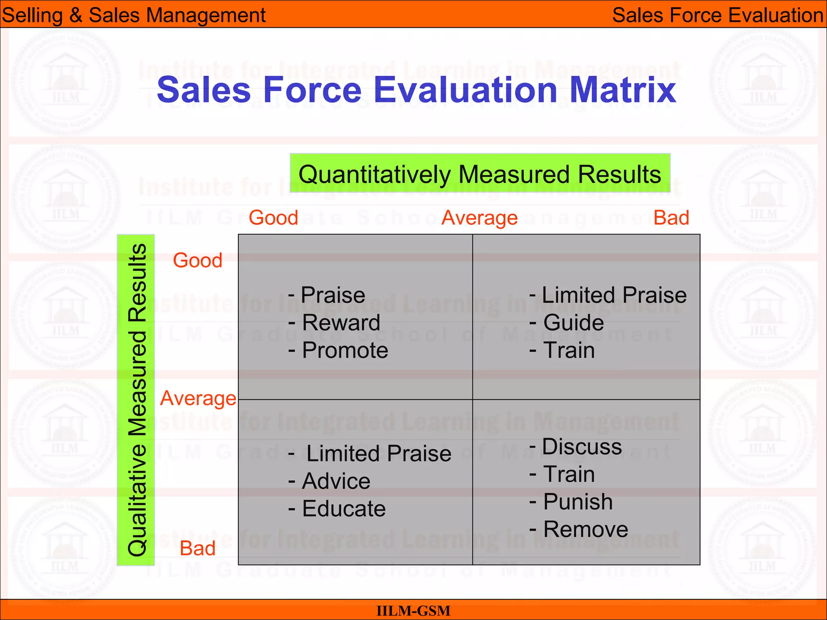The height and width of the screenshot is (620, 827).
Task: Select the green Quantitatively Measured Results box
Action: pyautogui.click(x=480, y=174)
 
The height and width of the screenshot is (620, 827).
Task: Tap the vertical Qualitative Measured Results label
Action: pyautogui.click(x=136, y=400)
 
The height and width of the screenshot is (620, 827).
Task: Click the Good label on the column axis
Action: pyautogui.click(x=273, y=218)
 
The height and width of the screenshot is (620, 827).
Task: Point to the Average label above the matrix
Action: pyautogui.click(x=479, y=218)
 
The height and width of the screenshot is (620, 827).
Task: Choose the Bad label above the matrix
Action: pyautogui.click(x=671, y=218)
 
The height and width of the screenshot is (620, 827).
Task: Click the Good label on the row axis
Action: pyautogui.click(x=197, y=260)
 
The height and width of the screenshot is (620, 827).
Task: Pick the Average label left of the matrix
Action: pyautogui.click(x=198, y=398)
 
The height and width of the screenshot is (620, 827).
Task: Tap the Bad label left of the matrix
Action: pyautogui.click(x=197, y=548)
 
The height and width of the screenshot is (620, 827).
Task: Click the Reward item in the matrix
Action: pyautogui.click(x=341, y=323)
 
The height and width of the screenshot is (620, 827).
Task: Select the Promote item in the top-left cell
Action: pyautogui.click(x=345, y=350)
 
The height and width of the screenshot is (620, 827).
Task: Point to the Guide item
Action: pyautogui.click(x=573, y=323)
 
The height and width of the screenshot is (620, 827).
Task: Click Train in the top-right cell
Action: pyautogui.click(x=569, y=350)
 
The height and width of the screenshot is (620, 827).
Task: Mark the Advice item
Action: pyautogui.click(x=336, y=481)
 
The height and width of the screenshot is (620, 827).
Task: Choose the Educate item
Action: pyautogui.click(x=344, y=509)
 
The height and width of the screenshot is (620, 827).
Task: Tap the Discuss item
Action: pyautogui.click(x=581, y=446)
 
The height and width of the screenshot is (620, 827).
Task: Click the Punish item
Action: pyautogui.click(x=578, y=502)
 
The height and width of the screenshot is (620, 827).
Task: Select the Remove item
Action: pyautogui.click(x=586, y=529)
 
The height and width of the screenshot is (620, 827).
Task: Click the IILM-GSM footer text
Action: pyautogui.click(x=413, y=611)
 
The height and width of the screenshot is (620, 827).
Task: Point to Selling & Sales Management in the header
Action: pyautogui.click(x=134, y=15)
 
